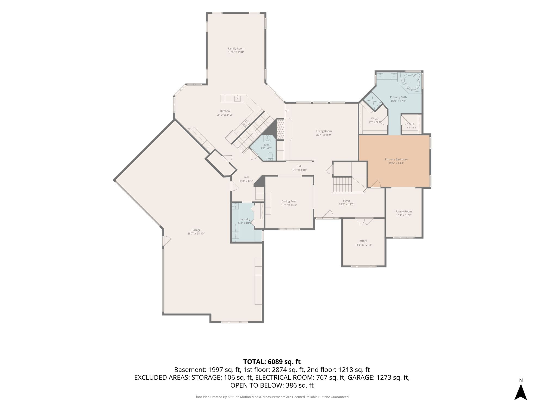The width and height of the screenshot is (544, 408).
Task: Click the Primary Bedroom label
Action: [x=396, y=159]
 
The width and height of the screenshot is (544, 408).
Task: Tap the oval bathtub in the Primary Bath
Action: [x=411, y=82]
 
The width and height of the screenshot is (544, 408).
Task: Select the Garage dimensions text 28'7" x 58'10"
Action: [x=196, y=234]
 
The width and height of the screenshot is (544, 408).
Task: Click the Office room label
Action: [x=363, y=241]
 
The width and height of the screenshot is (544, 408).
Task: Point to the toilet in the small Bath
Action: [x=270, y=156]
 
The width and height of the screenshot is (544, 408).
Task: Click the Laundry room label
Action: [x=245, y=220]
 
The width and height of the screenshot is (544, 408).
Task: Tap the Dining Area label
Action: [x=289, y=202]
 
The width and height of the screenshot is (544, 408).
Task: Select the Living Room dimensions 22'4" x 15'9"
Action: [x=324, y=135]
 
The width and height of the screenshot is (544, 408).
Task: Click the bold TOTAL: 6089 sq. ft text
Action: [x=272, y=362]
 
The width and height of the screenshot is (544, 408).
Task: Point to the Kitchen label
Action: [x=225, y=111]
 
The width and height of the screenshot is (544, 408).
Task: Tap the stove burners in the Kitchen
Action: [x=246, y=123]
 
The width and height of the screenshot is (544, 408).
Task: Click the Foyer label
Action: [x=347, y=201]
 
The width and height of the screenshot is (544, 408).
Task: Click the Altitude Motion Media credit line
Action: [x=272, y=397]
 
